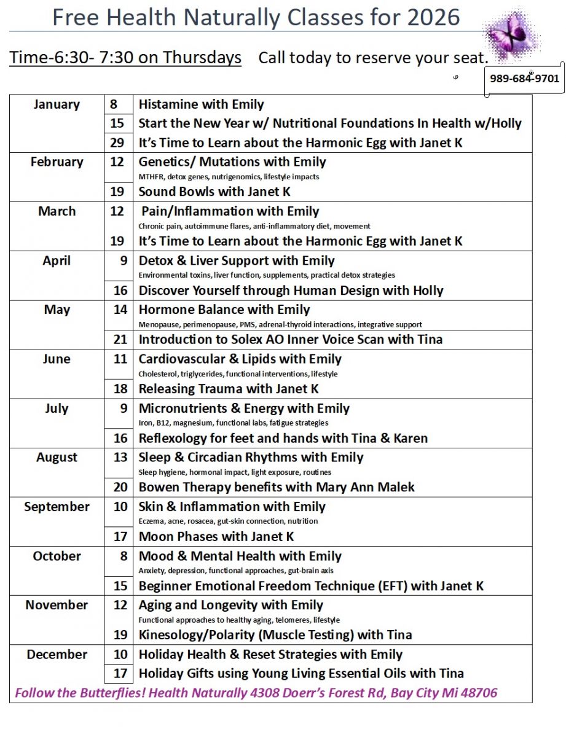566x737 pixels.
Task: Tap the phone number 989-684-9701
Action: pos(524,79)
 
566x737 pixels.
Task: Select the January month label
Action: pos(57,104)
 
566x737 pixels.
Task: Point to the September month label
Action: pos(57,507)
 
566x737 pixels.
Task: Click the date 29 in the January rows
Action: pos(117,143)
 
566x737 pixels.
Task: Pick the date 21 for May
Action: pos(120,340)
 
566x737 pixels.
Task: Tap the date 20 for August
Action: pos(120,488)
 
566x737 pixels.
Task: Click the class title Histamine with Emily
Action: pos(201,104)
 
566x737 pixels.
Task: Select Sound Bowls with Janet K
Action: pos(214,192)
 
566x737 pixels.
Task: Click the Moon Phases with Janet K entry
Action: pos(216,537)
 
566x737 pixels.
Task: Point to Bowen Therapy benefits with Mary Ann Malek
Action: pos(277,488)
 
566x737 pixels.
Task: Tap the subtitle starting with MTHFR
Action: pos(229,177)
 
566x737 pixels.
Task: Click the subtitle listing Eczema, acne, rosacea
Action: pos(228,521)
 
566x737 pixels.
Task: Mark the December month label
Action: pos(57,655)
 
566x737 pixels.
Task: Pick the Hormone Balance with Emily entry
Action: pos(224,310)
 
